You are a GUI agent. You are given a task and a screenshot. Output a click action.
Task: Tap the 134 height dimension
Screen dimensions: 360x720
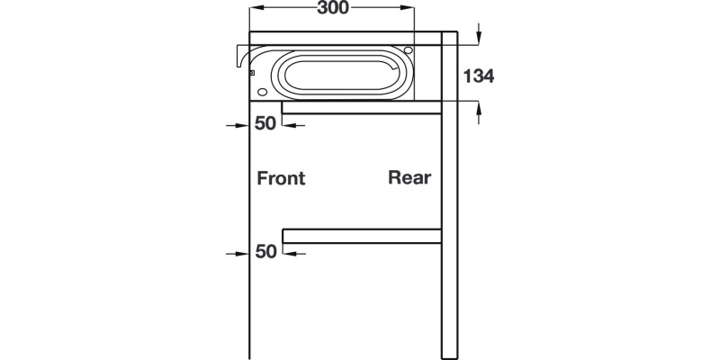[x=478, y=76]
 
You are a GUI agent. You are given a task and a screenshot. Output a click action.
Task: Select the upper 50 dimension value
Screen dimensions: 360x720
[x=265, y=124]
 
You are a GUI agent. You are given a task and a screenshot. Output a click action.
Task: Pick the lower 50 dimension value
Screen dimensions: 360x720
[x=265, y=252]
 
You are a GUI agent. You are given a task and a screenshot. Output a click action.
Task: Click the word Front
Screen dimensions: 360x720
[x=281, y=178]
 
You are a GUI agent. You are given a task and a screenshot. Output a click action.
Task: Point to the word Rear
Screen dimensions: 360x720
[x=409, y=177]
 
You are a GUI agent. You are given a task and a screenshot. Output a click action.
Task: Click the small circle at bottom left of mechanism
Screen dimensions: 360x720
[x=262, y=92]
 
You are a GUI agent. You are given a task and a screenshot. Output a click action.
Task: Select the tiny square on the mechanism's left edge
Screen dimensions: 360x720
[x=252, y=72]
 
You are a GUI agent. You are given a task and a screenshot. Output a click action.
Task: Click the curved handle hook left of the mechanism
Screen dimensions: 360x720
[x=241, y=57]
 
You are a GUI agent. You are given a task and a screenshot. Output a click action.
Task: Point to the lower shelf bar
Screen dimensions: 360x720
[x=362, y=237]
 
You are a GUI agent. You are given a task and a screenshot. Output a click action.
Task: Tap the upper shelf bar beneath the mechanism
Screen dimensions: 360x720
[x=362, y=108]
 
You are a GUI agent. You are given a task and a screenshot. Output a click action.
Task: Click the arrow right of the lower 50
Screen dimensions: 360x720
[x=292, y=253]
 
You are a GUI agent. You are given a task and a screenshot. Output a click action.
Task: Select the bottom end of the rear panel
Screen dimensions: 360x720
[x=450, y=355]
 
